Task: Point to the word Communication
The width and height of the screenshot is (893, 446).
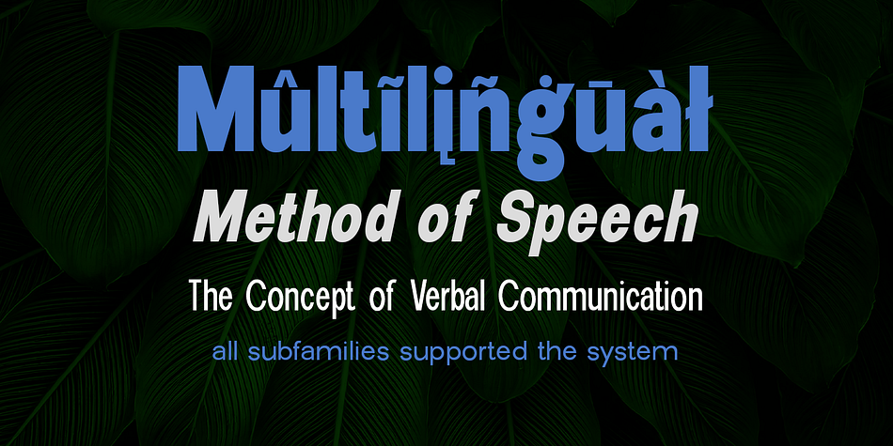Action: [601, 295]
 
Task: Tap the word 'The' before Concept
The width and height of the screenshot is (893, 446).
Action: [211, 295]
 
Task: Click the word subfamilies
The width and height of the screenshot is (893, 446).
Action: [319, 351]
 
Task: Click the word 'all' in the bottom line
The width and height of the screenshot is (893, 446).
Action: [226, 351]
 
